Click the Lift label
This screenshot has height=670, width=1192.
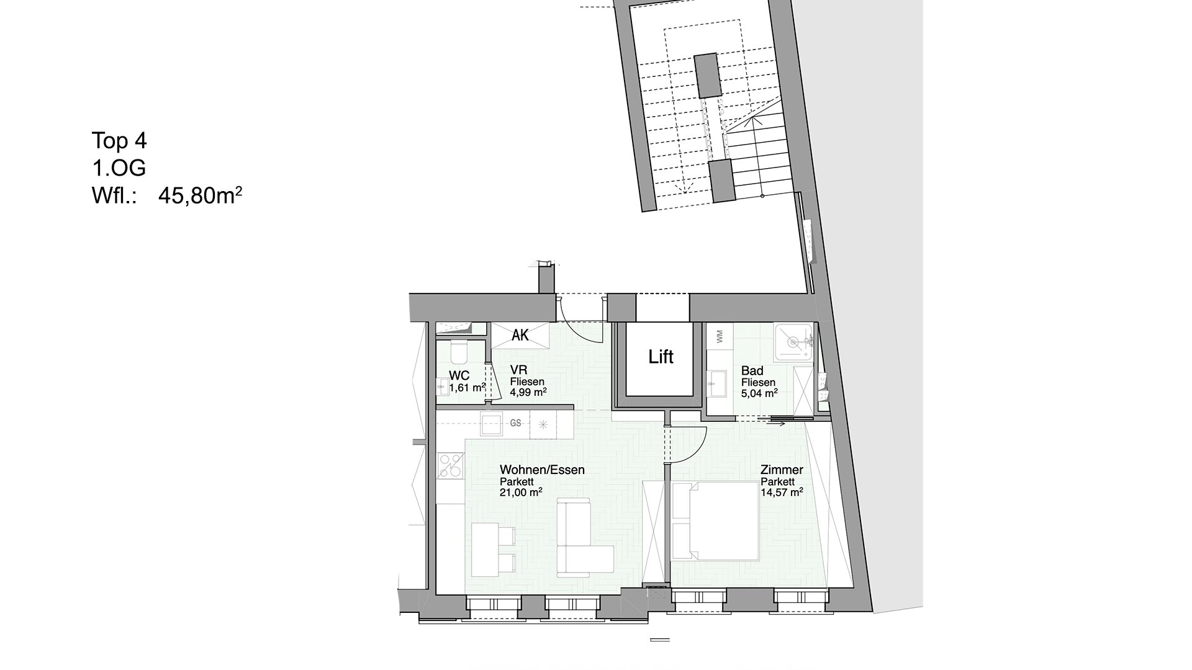pyautogui.click(x=661, y=357)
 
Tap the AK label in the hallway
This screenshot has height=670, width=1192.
pyautogui.click(x=520, y=335)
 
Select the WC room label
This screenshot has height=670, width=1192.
pyautogui.click(x=459, y=375)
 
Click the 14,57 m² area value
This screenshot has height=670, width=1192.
pyautogui.click(x=782, y=492)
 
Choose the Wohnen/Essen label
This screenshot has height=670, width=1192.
pyautogui.click(x=542, y=470)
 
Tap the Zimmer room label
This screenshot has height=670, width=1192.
pyautogui.click(x=782, y=470)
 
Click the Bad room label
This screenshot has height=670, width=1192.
pyautogui.click(x=752, y=371)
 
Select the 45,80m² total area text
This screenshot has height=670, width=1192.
pyautogui.click(x=200, y=196)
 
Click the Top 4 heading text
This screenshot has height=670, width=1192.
pyautogui.click(x=119, y=141)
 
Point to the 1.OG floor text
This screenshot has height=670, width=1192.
pyautogui.click(x=119, y=168)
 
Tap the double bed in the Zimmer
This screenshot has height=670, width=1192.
pyautogui.click(x=715, y=522)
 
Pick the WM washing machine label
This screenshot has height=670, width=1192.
pyautogui.click(x=719, y=337)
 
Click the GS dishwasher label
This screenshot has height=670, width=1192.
pyautogui.click(x=515, y=423)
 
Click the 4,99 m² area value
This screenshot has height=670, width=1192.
pyautogui.click(x=528, y=391)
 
